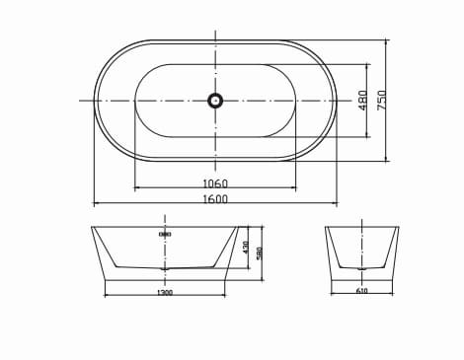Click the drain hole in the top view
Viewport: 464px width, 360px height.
(x=214, y=100)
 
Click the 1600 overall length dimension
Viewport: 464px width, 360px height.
(x=214, y=199)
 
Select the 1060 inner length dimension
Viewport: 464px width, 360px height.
(x=214, y=183)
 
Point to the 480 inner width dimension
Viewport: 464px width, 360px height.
(x=362, y=100)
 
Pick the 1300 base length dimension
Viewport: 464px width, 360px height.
(x=165, y=293)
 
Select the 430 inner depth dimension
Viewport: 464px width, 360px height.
(x=246, y=246)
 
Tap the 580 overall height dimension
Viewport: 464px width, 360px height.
(x=259, y=252)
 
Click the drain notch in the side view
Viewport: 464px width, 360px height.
(x=165, y=267)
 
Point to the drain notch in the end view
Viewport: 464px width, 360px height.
(x=361, y=267)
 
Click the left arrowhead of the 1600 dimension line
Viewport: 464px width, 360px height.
(x=96, y=204)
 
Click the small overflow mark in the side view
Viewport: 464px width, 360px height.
(x=165, y=235)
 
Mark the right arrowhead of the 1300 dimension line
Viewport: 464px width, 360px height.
(x=225, y=295)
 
